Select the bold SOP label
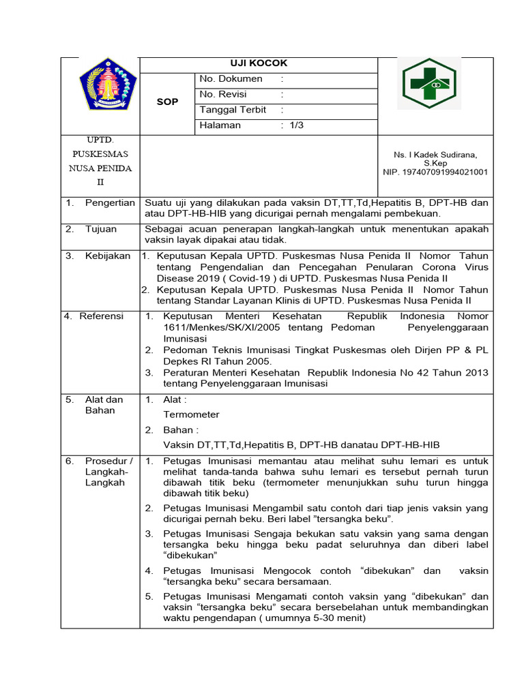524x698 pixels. [x=168, y=102]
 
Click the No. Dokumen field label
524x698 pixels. [x=231, y=79]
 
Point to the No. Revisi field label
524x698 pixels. [x=223, y=95]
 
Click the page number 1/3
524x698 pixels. [x=297, y=125]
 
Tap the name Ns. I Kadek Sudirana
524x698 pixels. [x=435, y=155]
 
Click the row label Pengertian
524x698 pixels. [x=110, y=203]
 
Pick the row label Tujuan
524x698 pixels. [x=101, y=229]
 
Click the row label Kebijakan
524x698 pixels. [x=108, y=256]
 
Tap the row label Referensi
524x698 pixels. [x=102, y=316]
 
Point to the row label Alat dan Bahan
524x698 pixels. [x=104, y=405]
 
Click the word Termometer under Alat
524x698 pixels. [x=191, y=414]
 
